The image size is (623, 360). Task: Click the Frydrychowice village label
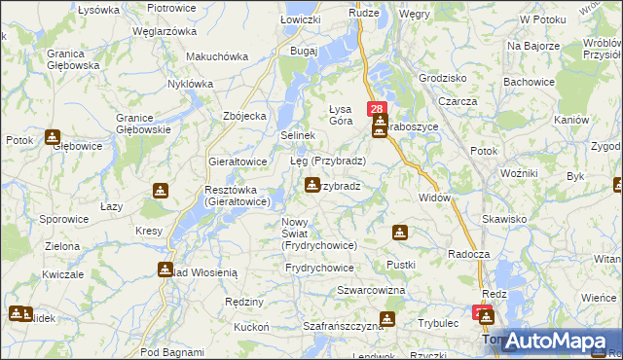pyautogui.click(x=319, y=267)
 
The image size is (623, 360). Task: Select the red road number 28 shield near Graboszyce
pyautogui.click(x=378, y=109)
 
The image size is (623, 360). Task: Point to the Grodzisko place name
pyautogui.click(x=441, y=77)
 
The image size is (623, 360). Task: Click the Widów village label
pyautogui.click(x=434, y=198)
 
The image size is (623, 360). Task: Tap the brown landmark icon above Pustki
pyautogui.click(x=399, y=233)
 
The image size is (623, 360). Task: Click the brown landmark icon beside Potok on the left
pyautogui.click(x=52, y=138)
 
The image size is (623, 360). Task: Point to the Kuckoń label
pyautogui.click(x=251, y=327)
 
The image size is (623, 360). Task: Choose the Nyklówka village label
pyautogui.click(x=190, y=84)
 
